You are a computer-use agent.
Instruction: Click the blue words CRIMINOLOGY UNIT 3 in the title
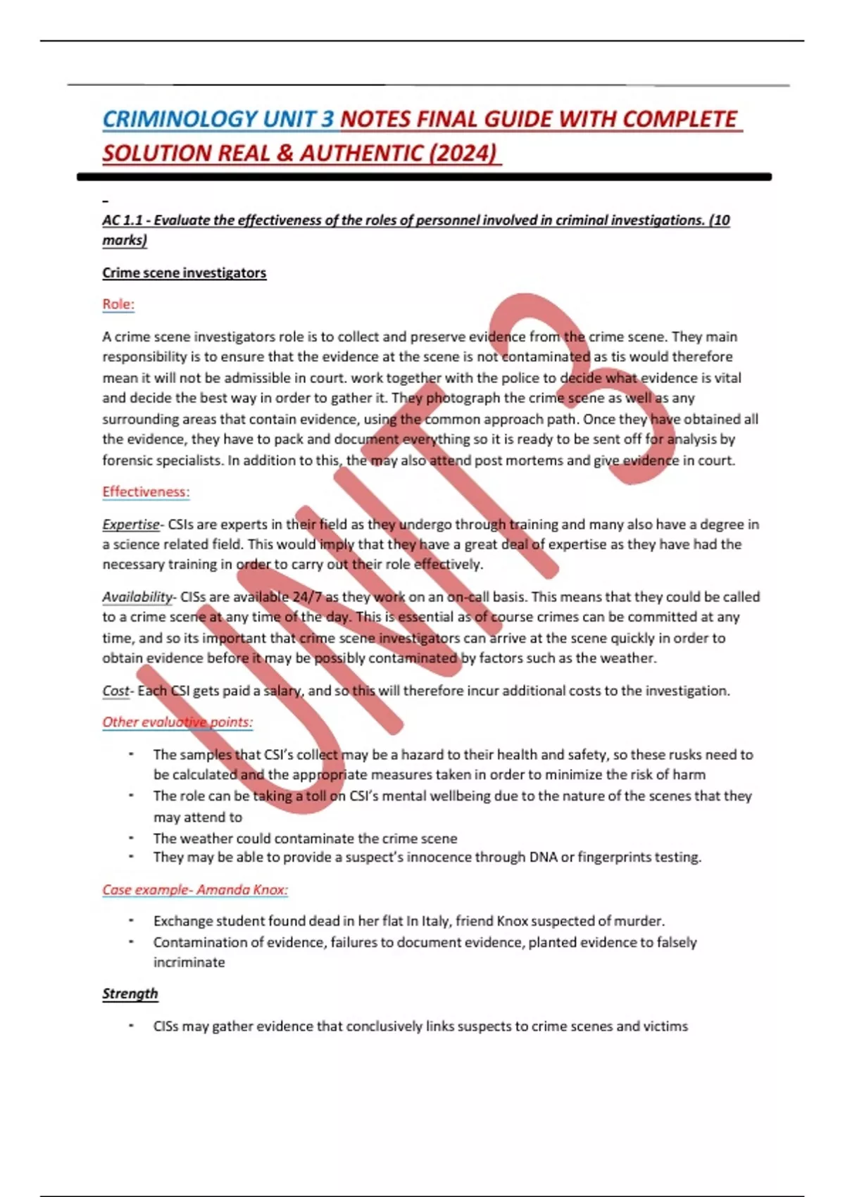(218, 119)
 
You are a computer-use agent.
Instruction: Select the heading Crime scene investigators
(184, 272)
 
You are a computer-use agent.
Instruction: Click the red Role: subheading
(118, 304)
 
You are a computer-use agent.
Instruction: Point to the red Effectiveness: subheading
(146, 491)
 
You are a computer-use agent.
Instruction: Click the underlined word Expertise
(131, 525)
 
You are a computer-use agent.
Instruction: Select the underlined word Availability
(137, 597)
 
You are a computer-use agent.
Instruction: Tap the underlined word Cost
(115, 691)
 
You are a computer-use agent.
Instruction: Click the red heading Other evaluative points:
(177, 722)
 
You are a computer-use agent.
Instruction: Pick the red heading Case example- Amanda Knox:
(195, 889)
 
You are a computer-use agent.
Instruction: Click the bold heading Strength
(130, 994)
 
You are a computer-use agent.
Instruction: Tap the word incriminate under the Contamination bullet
(189, 963)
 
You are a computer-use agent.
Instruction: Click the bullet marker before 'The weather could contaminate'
(131, 838)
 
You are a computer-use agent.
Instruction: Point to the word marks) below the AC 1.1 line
(125, 240)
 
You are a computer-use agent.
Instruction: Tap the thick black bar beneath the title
(424, 177)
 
